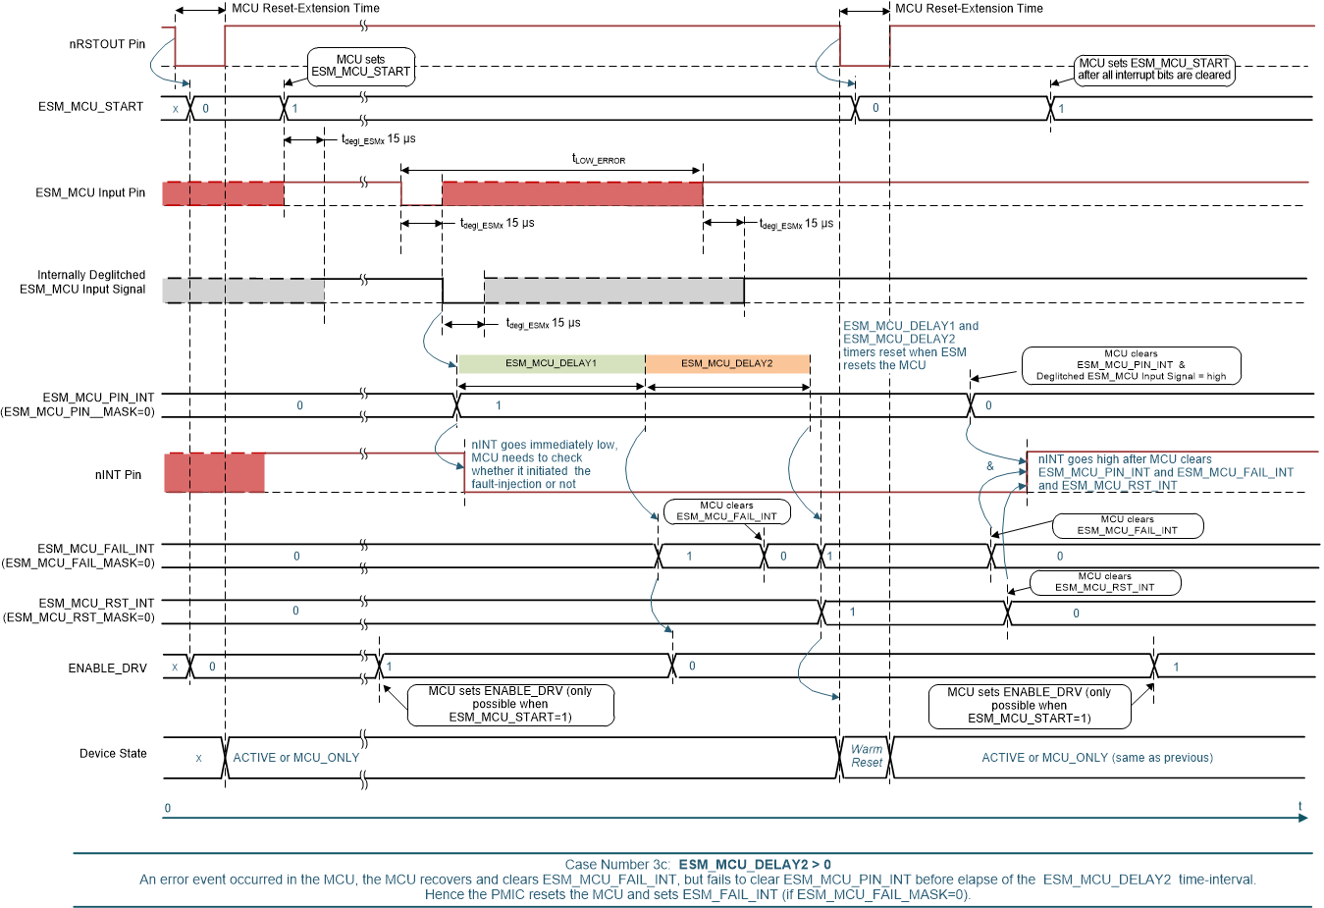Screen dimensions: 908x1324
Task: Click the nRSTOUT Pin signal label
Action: coord(107,44)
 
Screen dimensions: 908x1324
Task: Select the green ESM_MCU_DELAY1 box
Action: coord(551,363)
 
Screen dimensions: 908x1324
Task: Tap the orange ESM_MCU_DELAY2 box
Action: coord(726,363)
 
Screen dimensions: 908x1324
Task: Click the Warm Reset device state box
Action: coord(866,756)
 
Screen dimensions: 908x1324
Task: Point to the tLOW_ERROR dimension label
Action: coord(598,159)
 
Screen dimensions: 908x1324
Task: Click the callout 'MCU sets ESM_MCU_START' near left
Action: coord(360,66)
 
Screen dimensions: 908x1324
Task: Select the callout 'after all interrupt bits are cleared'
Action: coord(1153,69)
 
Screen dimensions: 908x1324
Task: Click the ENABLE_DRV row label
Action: coord(107,668)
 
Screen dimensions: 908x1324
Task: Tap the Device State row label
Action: coord(113,754)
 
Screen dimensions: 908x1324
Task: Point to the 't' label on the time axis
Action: coord(1300,807)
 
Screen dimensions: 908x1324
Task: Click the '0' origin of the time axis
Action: coord(168,809)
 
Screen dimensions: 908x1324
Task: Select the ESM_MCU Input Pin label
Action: coord(90,193)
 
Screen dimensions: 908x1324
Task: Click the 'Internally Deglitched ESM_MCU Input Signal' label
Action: coord(83,282)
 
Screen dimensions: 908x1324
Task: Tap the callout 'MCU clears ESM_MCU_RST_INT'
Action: coord(1104,582)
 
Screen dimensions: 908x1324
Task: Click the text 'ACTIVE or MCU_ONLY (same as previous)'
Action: coord(1096,758)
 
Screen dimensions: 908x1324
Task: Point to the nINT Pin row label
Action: coord(118,475)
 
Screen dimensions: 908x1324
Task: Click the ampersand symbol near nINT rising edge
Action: coord(989,466)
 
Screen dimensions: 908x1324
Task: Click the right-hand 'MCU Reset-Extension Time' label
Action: coord(969,9)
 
